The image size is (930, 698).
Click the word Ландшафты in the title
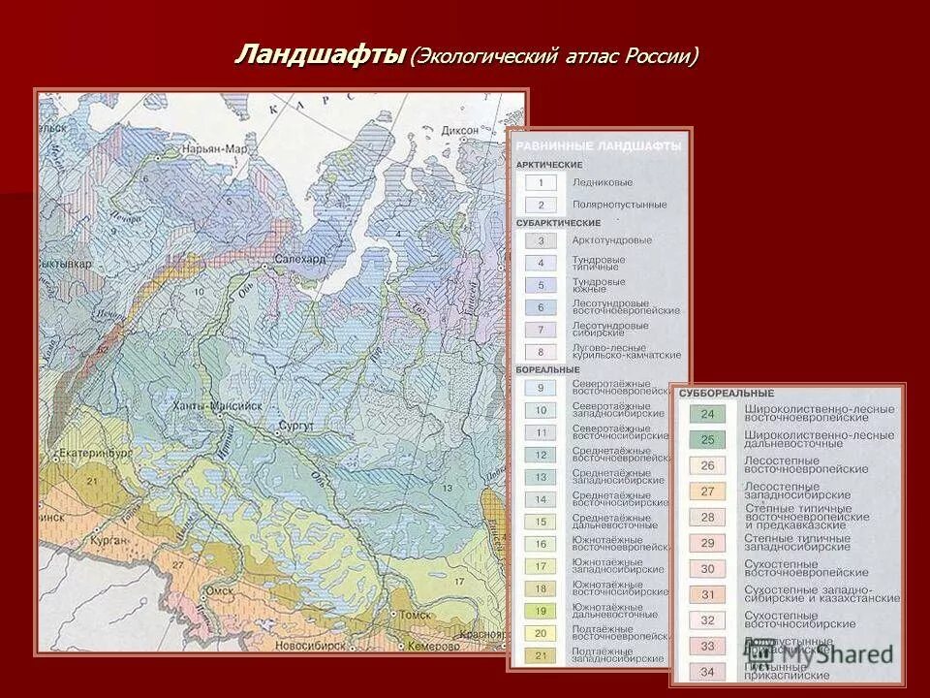coord(319,55)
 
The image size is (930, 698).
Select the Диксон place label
coord(460,131)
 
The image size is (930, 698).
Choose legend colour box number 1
coord(542,182)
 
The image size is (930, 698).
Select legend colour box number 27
coord(707,492)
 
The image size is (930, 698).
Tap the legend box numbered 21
coord(542,656)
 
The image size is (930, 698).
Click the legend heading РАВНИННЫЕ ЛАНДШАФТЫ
coord(598,145)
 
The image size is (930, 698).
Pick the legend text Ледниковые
coord(602,182)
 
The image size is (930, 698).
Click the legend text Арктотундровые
coord(611,239)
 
